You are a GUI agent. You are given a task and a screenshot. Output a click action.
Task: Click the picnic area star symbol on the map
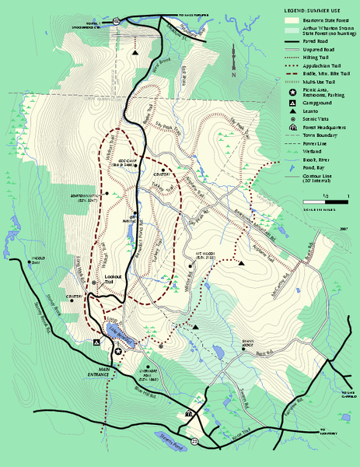click(x=118, y=353)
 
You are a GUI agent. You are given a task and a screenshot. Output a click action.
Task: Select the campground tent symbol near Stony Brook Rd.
click(x=96, y=342)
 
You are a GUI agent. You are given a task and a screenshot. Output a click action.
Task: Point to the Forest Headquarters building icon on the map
click(x=188, y=414)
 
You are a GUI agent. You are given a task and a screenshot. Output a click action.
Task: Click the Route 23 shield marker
click(x=195, y=441)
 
